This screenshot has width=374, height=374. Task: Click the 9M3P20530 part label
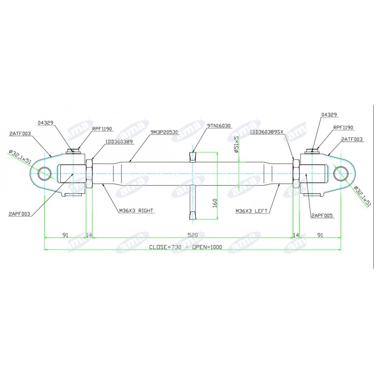coord(165,132)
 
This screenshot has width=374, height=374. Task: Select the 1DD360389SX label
coord(267,132)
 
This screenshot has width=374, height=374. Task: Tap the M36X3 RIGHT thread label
coord(136,211)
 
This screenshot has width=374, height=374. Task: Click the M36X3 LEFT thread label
coord(252,211)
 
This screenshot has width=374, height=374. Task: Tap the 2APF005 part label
coord(322,216)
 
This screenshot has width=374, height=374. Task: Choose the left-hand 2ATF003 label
coord(20,133)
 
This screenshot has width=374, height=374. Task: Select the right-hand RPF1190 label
coord(343,127)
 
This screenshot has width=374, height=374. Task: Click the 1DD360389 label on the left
coord(118,141)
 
